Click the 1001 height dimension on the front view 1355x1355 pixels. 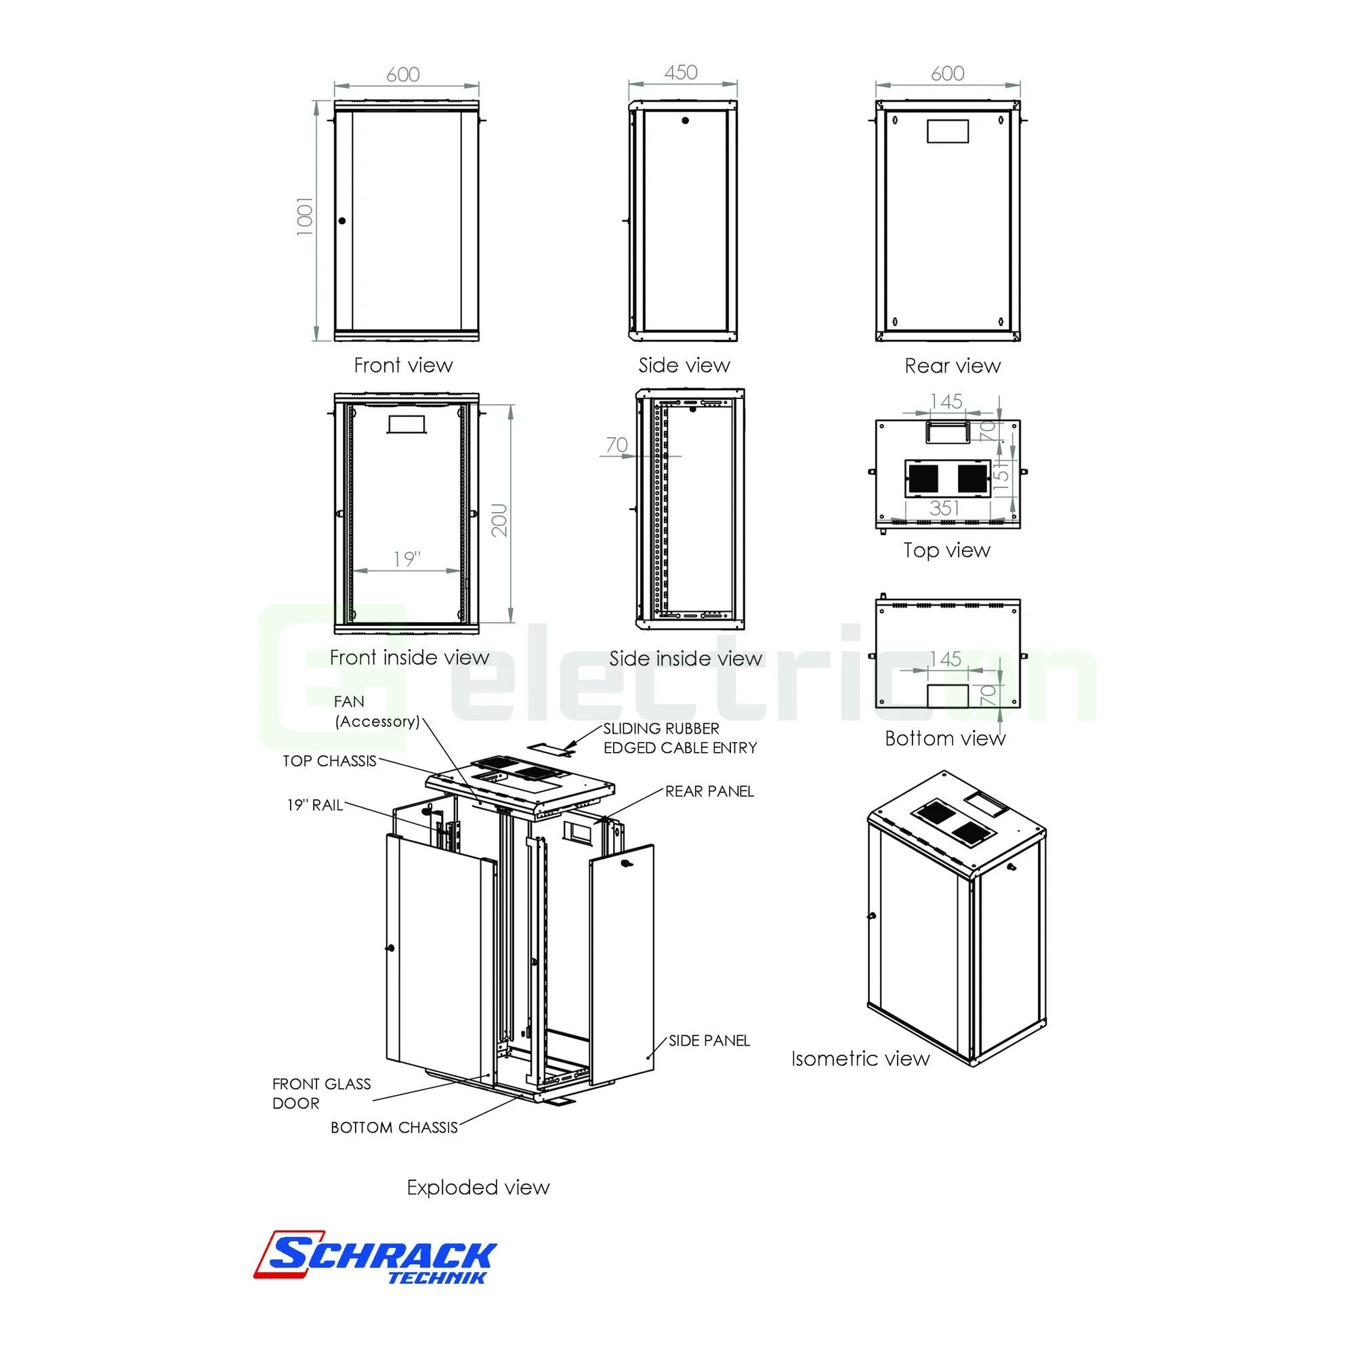coord(304,217)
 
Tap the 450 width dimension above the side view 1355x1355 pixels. coord(681,72)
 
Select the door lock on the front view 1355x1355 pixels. coord(342,221)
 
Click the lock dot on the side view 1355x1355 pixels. coord(685,121)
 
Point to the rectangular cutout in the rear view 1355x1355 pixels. coord(948,131)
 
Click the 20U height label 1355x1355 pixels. coord(499,520)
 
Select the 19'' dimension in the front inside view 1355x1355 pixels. coord(406,559)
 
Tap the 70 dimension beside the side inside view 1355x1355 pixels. coord(617,444)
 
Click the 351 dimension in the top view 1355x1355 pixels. coord(944,507)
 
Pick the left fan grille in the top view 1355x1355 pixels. coord(923,478)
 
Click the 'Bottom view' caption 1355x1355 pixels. coord(944,738)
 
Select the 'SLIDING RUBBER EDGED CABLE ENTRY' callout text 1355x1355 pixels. coord(680,738)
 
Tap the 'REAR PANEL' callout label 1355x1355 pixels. coord(709,791)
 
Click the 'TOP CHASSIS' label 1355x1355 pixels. coord(330,761)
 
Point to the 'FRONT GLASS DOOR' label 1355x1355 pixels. coord(322,1093)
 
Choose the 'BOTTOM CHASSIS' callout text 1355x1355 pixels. coord(394,1128)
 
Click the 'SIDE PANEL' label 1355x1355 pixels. coord(709,1041)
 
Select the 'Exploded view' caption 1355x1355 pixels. coord(478,1188)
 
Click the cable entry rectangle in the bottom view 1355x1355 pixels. coord(948,696)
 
